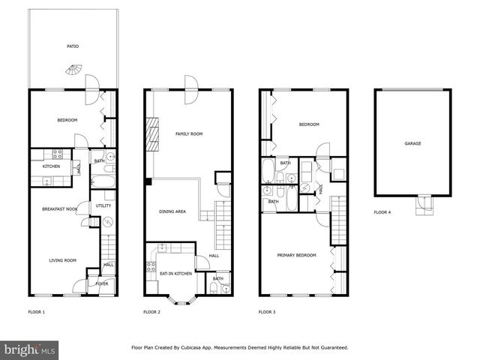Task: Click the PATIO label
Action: tap(73, 46)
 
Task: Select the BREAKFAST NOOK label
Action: tap(60, 209)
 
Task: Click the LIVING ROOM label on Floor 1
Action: tap(63, 260)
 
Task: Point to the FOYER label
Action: tap(101, 284)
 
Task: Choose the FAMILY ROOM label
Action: tap(188, 134)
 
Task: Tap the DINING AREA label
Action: tap(172, 211)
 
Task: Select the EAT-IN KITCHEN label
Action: tap(175, 274)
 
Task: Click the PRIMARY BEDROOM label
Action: tap(297, 255)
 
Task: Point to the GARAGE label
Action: tap(412, 143)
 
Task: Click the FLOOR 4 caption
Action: tap(382, 212)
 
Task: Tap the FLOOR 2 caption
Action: tap(152, 311)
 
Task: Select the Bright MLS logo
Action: tap(30, 349)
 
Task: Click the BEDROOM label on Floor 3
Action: tap(309, 124)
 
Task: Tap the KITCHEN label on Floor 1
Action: tap(51, 166)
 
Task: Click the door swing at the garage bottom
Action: tap(424, 202)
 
